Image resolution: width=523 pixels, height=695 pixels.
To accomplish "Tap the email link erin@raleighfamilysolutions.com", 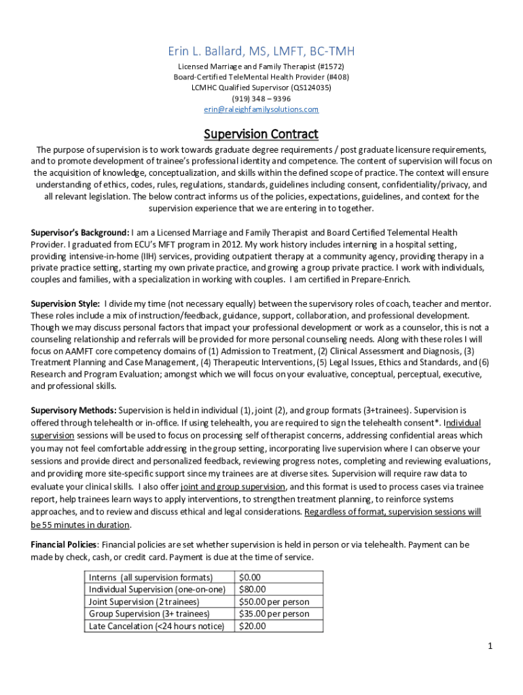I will [x=261, y=109].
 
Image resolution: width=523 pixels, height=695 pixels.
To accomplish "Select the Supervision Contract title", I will [x=261, y=134].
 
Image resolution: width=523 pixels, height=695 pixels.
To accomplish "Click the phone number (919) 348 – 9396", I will [x=261, y=98].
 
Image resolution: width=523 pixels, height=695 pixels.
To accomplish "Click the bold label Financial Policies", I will [x=65, y=544].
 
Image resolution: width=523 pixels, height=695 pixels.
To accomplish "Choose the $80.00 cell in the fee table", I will [x=253, y=589].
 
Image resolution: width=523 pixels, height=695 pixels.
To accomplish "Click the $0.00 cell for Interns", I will [x=251, y=577].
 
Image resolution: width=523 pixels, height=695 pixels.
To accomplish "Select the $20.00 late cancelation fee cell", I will [x=253, y=626].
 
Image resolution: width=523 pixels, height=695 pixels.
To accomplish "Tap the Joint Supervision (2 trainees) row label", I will [x=144, y=601].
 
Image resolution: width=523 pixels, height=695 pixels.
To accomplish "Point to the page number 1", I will [x=489, y=645].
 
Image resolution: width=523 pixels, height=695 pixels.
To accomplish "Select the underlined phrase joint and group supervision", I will [x=233, y=487].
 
